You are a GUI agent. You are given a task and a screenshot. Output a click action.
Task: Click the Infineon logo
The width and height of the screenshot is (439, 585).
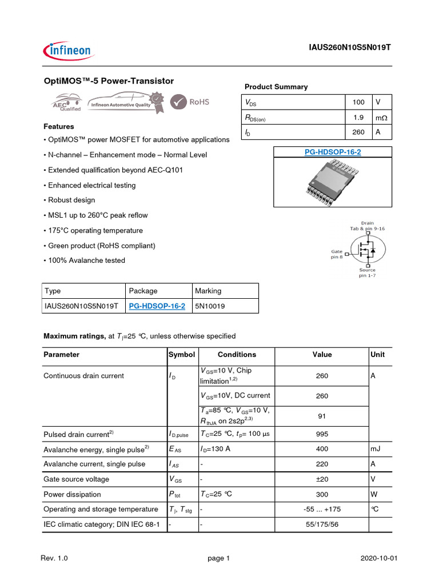point(68,50)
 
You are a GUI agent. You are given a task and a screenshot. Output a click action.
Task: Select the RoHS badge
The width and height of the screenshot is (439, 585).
point(191,102)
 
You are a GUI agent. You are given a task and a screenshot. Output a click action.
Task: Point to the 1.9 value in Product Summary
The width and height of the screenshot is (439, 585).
point(358,117)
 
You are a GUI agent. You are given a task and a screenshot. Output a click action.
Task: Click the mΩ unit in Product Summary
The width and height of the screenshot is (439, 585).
point(381,117)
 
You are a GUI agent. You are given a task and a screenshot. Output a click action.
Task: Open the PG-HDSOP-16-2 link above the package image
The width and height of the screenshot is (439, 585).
point(332,152)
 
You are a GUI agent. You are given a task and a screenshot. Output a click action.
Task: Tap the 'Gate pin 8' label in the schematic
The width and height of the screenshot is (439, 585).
point(337,254)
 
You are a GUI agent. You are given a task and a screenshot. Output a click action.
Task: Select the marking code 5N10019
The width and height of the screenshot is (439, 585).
point(210,306)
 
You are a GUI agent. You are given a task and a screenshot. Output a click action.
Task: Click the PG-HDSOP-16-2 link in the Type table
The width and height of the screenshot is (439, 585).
point(157,306)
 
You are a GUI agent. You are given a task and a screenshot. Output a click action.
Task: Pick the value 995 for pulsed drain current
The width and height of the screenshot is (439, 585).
point(322,434)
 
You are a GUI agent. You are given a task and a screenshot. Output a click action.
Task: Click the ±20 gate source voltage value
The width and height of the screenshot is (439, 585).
point(322,479)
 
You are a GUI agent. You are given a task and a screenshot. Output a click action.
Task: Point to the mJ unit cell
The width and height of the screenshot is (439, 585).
point(376,449)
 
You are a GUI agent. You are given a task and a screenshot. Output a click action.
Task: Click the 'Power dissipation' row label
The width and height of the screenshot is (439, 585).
point(72,494)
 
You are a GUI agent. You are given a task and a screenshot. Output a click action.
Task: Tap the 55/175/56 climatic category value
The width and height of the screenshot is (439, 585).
point(322,524)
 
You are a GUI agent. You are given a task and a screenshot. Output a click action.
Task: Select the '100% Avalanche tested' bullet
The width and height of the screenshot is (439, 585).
point(84,261)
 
